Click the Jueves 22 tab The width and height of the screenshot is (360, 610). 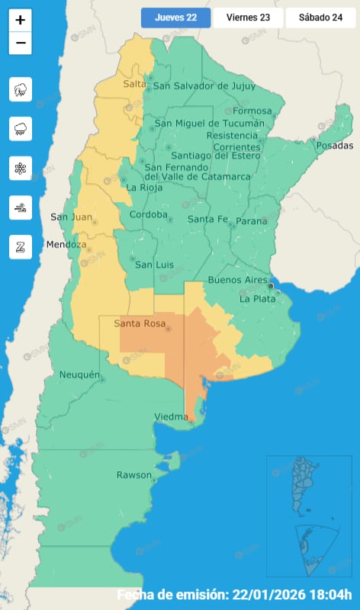point(175,18)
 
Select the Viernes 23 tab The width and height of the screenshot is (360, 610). point(248,18)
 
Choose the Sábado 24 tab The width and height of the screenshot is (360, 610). point(320,18)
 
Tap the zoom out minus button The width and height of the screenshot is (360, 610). point(21,43)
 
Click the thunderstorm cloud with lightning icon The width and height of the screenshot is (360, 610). point(21,89)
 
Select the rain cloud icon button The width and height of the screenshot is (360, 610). point(21,129)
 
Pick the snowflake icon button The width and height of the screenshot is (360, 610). point(21,168)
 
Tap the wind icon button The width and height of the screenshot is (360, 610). point(21,207)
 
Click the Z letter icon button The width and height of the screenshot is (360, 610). point(21,246)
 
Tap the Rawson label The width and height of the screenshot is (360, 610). point(133,475)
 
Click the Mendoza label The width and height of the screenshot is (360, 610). point(66,245)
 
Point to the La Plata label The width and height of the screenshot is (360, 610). point(258,299)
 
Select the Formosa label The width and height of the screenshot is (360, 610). point(252,111)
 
